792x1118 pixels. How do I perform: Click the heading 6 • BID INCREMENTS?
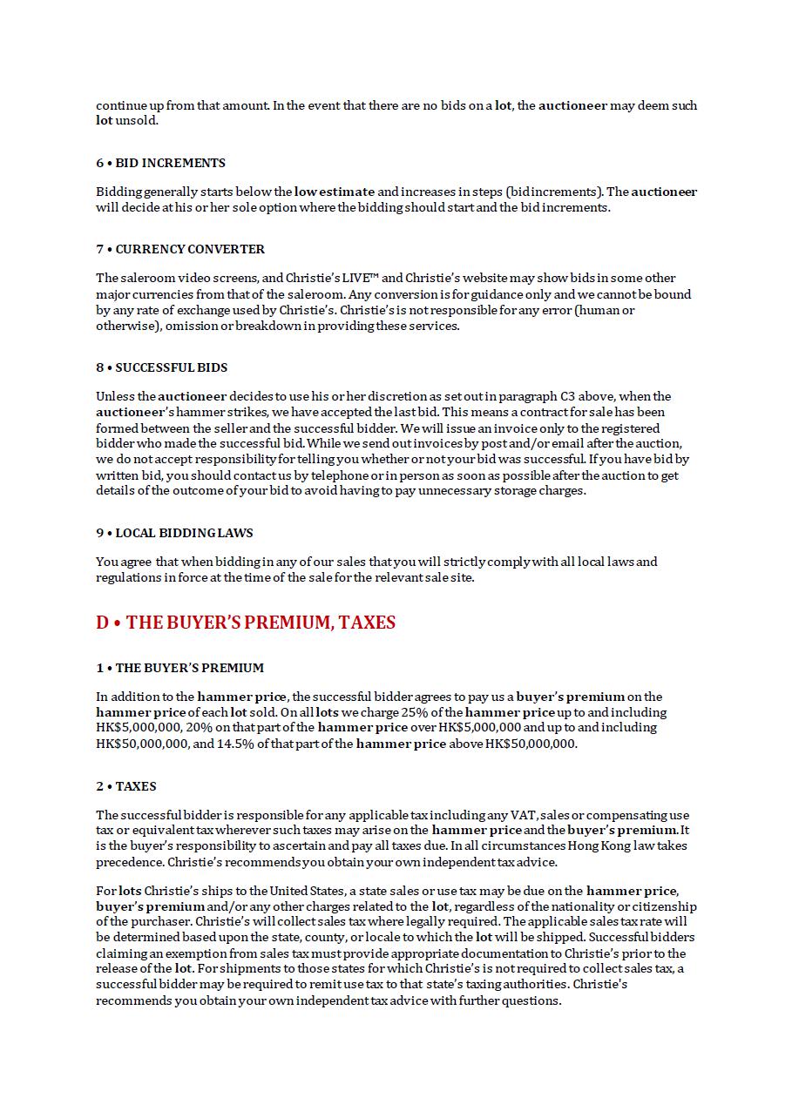(160, 163)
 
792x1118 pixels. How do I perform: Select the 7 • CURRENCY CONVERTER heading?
(180, 249)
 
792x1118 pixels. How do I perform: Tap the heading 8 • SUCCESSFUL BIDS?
(161, 367)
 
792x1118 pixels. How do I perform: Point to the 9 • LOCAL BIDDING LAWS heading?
(174, 533)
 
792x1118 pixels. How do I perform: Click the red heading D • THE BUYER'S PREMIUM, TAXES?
(246, 623)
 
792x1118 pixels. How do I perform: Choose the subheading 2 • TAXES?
(126, 786)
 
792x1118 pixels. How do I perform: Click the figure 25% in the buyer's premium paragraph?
(415, 712)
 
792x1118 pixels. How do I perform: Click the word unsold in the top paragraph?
(137, 121)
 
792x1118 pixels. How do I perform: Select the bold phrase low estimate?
(335, 192)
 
